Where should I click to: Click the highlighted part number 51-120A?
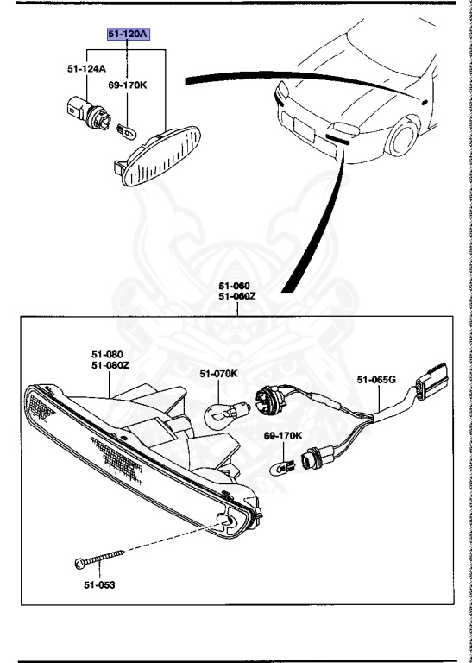[x=128, y=35]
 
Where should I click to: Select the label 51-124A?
[x=86, y=68]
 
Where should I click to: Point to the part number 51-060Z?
[x=234, y=296]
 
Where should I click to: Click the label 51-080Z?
[x=110, y=365]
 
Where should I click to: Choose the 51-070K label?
[x=218, y=374]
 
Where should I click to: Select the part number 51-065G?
[x=376, y=379]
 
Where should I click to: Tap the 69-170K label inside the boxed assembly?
[x=283, y=436]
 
